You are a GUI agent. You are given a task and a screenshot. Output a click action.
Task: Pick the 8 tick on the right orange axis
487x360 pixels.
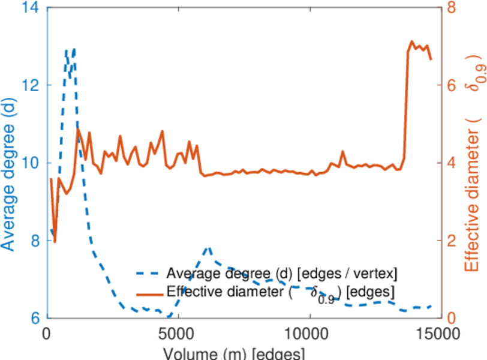pyautogui.click(x=450, y=8)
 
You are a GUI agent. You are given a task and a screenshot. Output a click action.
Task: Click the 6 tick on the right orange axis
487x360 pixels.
pyautogui.click(x=450, y=85)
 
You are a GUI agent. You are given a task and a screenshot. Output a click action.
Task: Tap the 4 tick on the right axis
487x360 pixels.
pyautogui.click(x=450, y=163)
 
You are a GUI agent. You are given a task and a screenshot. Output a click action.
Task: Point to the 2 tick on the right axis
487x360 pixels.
pyautogui.click(x=450, y=241)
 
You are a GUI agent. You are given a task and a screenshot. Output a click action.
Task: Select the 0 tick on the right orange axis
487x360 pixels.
pyautogui.click(x=450, y=318)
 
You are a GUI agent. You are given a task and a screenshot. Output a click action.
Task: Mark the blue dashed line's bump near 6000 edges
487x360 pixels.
pyautogui.click(x=208, y=247)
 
